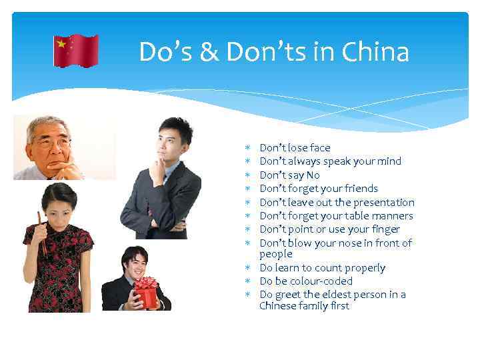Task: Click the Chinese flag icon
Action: (76, 51)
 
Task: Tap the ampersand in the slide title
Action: (209, 52)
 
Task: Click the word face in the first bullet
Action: (319, 148)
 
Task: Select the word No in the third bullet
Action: (313, 175)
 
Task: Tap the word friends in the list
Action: (359, 189)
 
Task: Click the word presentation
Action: (383, 203)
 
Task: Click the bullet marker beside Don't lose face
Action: (248, 148)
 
